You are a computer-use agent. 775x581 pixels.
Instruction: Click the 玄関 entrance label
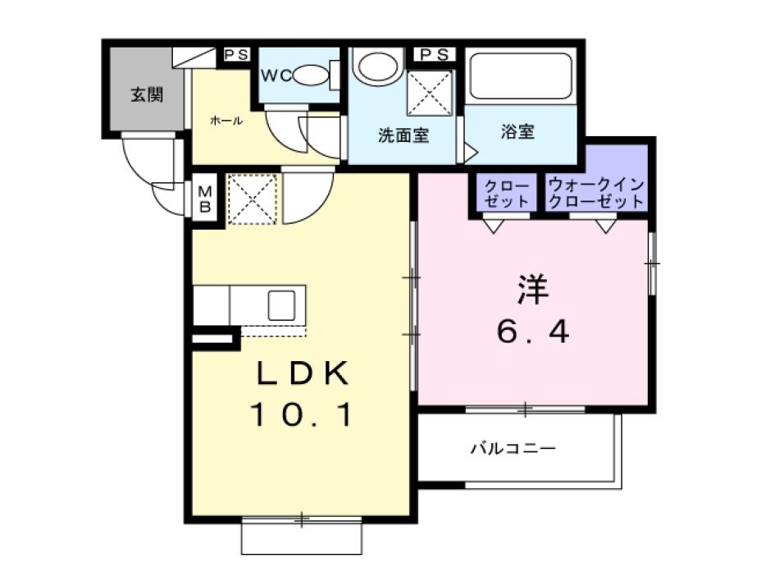(147, 94)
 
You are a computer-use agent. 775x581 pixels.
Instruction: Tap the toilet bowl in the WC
(312, 75)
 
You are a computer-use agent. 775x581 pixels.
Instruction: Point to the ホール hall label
(226, 120)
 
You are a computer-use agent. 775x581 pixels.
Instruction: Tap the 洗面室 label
(403, 135)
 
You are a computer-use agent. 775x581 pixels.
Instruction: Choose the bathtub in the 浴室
(521, 76)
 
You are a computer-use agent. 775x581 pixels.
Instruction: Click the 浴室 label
(517, 131)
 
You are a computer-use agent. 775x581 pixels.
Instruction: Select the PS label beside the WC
(236, 54)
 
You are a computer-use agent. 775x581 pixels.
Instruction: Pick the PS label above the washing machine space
(435, 54)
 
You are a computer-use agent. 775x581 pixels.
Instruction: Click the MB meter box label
(205, 199)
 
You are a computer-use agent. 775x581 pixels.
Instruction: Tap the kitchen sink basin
(282, 305)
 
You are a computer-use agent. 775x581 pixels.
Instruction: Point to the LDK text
(303, 373)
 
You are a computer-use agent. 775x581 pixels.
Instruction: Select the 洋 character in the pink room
(533, 289)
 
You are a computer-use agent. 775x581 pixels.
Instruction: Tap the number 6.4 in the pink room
(533, 331)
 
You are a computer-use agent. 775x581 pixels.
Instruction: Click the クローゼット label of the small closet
(507, 194)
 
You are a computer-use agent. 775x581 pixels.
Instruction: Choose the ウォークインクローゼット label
(596, 193)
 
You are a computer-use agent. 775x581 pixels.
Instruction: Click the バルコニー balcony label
(513, 449)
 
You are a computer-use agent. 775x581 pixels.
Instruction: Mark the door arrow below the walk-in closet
(606, 226)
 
